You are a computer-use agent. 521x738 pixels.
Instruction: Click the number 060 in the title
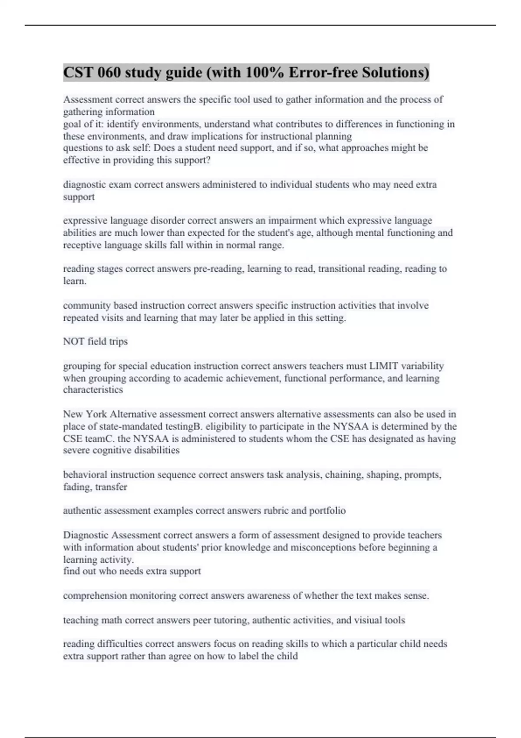[x=109, y=72]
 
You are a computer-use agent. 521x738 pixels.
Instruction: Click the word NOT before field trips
[x=74, y=342]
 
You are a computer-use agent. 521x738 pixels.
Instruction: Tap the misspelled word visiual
[x=371, y=620]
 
